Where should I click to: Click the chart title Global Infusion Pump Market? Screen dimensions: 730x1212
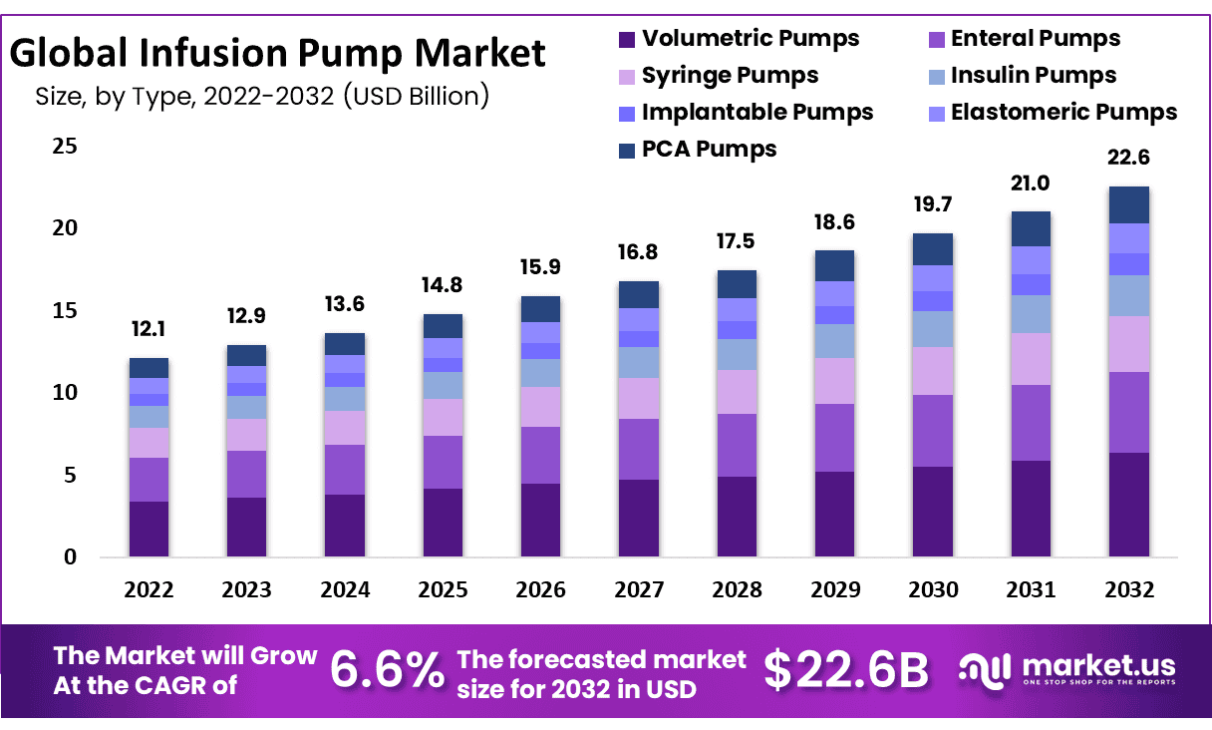point(278,52)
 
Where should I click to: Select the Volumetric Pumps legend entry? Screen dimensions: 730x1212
point(750,39)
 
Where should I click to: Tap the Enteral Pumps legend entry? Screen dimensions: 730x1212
point(1035,39)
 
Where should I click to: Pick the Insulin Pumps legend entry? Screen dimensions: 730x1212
point(1033,76)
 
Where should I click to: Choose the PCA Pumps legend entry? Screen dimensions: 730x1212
point(709,150)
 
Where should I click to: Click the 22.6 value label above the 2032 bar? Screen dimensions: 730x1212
point(1128,158)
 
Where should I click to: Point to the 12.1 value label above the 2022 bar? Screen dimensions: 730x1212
point(149,330)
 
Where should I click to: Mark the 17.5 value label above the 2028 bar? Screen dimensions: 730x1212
point(737,242)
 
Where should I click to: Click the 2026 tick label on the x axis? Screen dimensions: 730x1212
point(540,589)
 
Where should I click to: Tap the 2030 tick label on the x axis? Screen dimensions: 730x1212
point(933,589)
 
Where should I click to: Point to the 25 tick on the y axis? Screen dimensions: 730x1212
point(64,147)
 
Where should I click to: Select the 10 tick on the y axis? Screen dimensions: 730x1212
point(64,393)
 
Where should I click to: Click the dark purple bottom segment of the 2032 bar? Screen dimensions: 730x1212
point(1128,505)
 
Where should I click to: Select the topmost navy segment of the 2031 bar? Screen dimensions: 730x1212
point(1031,228)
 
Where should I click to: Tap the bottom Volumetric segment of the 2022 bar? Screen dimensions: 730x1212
point(149,529)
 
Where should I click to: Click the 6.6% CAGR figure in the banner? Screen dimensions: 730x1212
point(387,670)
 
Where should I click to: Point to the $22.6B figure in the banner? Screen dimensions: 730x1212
point(845,670)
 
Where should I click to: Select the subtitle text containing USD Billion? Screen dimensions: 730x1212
point(261,97)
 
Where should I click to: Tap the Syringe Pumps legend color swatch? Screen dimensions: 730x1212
point(626,77)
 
